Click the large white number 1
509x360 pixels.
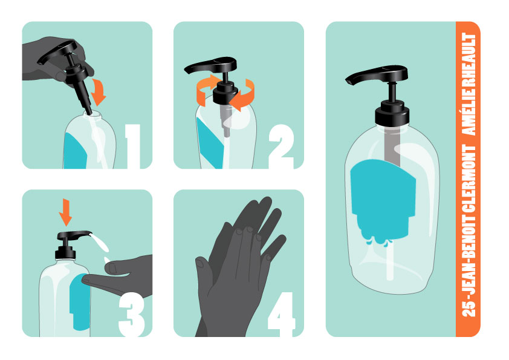[134, 146]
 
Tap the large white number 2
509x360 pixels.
[281, 146]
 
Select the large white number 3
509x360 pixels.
[131, 314]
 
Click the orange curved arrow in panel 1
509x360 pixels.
[99, 91]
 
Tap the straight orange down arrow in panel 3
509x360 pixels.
[65, 212]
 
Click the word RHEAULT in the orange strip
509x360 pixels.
[468, 60]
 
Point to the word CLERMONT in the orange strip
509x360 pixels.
[468, 178]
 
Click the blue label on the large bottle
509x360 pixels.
[383, 198]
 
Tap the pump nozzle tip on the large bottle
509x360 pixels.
[348, 82]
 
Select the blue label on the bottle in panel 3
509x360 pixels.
[80, 301]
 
